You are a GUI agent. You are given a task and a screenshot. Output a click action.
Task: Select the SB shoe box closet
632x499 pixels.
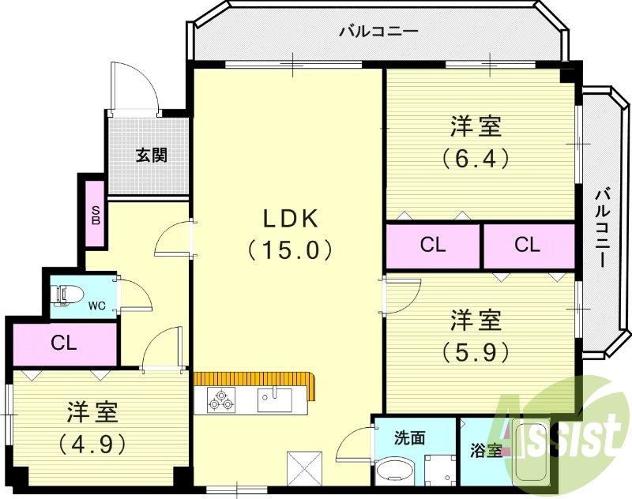tap(96, 216)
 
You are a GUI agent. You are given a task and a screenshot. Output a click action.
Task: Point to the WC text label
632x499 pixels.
tap(97, 305)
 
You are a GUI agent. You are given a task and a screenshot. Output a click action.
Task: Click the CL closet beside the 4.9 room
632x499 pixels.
tap(64, 343)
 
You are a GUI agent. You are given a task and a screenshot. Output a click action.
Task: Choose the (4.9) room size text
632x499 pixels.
tap(92, 444)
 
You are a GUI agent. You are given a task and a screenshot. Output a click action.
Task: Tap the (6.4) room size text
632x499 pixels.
tap(476, 156)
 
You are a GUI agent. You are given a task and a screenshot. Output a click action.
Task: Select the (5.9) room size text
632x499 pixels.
tap(476, 351)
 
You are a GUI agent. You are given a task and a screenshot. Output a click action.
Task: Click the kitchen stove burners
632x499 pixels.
tap(220, 400)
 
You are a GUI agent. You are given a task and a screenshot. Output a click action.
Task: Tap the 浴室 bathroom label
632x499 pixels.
tap(484, 451)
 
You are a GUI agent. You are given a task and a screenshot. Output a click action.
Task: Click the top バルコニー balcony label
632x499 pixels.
tap(378, 32)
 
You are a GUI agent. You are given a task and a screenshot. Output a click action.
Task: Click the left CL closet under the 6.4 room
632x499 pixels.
tap(432, 246)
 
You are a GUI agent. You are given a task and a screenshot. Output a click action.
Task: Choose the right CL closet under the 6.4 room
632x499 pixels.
tap(527, 246)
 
